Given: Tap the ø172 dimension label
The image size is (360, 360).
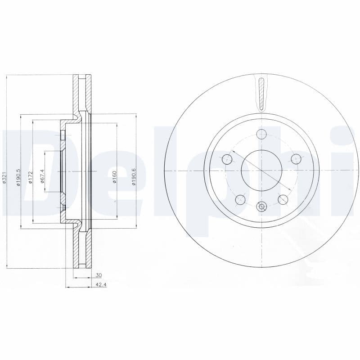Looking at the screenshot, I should tap(31, 177).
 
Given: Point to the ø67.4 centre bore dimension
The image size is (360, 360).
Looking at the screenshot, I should tap(42, 175).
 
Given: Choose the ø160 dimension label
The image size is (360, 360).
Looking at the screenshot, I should tap(114, 176).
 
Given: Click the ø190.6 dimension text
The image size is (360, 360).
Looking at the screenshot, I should tap(133, 176).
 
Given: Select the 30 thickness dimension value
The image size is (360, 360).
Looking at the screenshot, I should tap(99, 274).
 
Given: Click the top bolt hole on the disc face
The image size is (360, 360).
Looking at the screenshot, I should tap(261, 134).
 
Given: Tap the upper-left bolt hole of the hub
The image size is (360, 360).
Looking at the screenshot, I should tap(228, 159).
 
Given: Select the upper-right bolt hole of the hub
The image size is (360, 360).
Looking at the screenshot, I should tap(296, 159).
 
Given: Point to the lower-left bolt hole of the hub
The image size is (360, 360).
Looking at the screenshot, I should tap(240, 199).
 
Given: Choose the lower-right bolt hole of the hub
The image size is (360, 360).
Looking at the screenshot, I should tap(283, 199).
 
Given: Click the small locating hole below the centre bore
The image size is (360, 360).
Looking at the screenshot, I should tap(261, 207).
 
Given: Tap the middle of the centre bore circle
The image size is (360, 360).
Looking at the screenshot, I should tap(261, 171).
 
